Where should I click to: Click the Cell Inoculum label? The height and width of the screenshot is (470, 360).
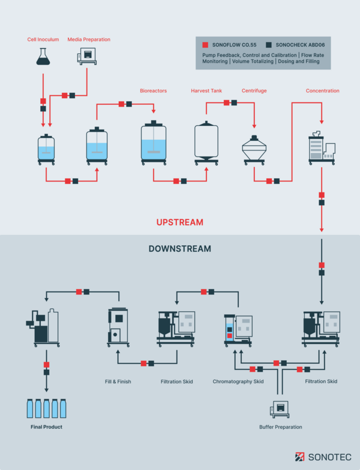click(x=43, y=40)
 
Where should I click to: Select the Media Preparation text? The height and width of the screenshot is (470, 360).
click(x=89, y=40)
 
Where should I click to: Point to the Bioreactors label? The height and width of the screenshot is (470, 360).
click(x=153, y=91)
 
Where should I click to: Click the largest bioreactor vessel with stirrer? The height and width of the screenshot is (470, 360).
click(x=154, y=143)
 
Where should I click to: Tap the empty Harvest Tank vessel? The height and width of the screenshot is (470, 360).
click(x=206, y=142)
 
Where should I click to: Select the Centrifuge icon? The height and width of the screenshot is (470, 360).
click(x=254, y=149)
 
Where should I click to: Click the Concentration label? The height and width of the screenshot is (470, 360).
click(x=322, y=91)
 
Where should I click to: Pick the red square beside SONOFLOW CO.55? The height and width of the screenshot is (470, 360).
click(x=205, y=45)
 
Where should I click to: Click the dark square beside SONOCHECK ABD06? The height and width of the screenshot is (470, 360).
click(x=269, y=45)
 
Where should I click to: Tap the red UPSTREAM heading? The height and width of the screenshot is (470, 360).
click(x=179, y=222)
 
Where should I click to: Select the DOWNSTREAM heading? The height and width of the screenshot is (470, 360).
click(x=179, y=248)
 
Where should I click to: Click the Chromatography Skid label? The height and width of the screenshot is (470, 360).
click(x=238, y=381)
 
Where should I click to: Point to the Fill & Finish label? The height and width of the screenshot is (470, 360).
click(x=118, y=381)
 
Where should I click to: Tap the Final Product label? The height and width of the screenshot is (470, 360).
click(x=46, y=427)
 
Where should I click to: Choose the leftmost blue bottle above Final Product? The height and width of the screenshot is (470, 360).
click(x=31, y=409)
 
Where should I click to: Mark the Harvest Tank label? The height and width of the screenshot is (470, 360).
click(x=206, y=91)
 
